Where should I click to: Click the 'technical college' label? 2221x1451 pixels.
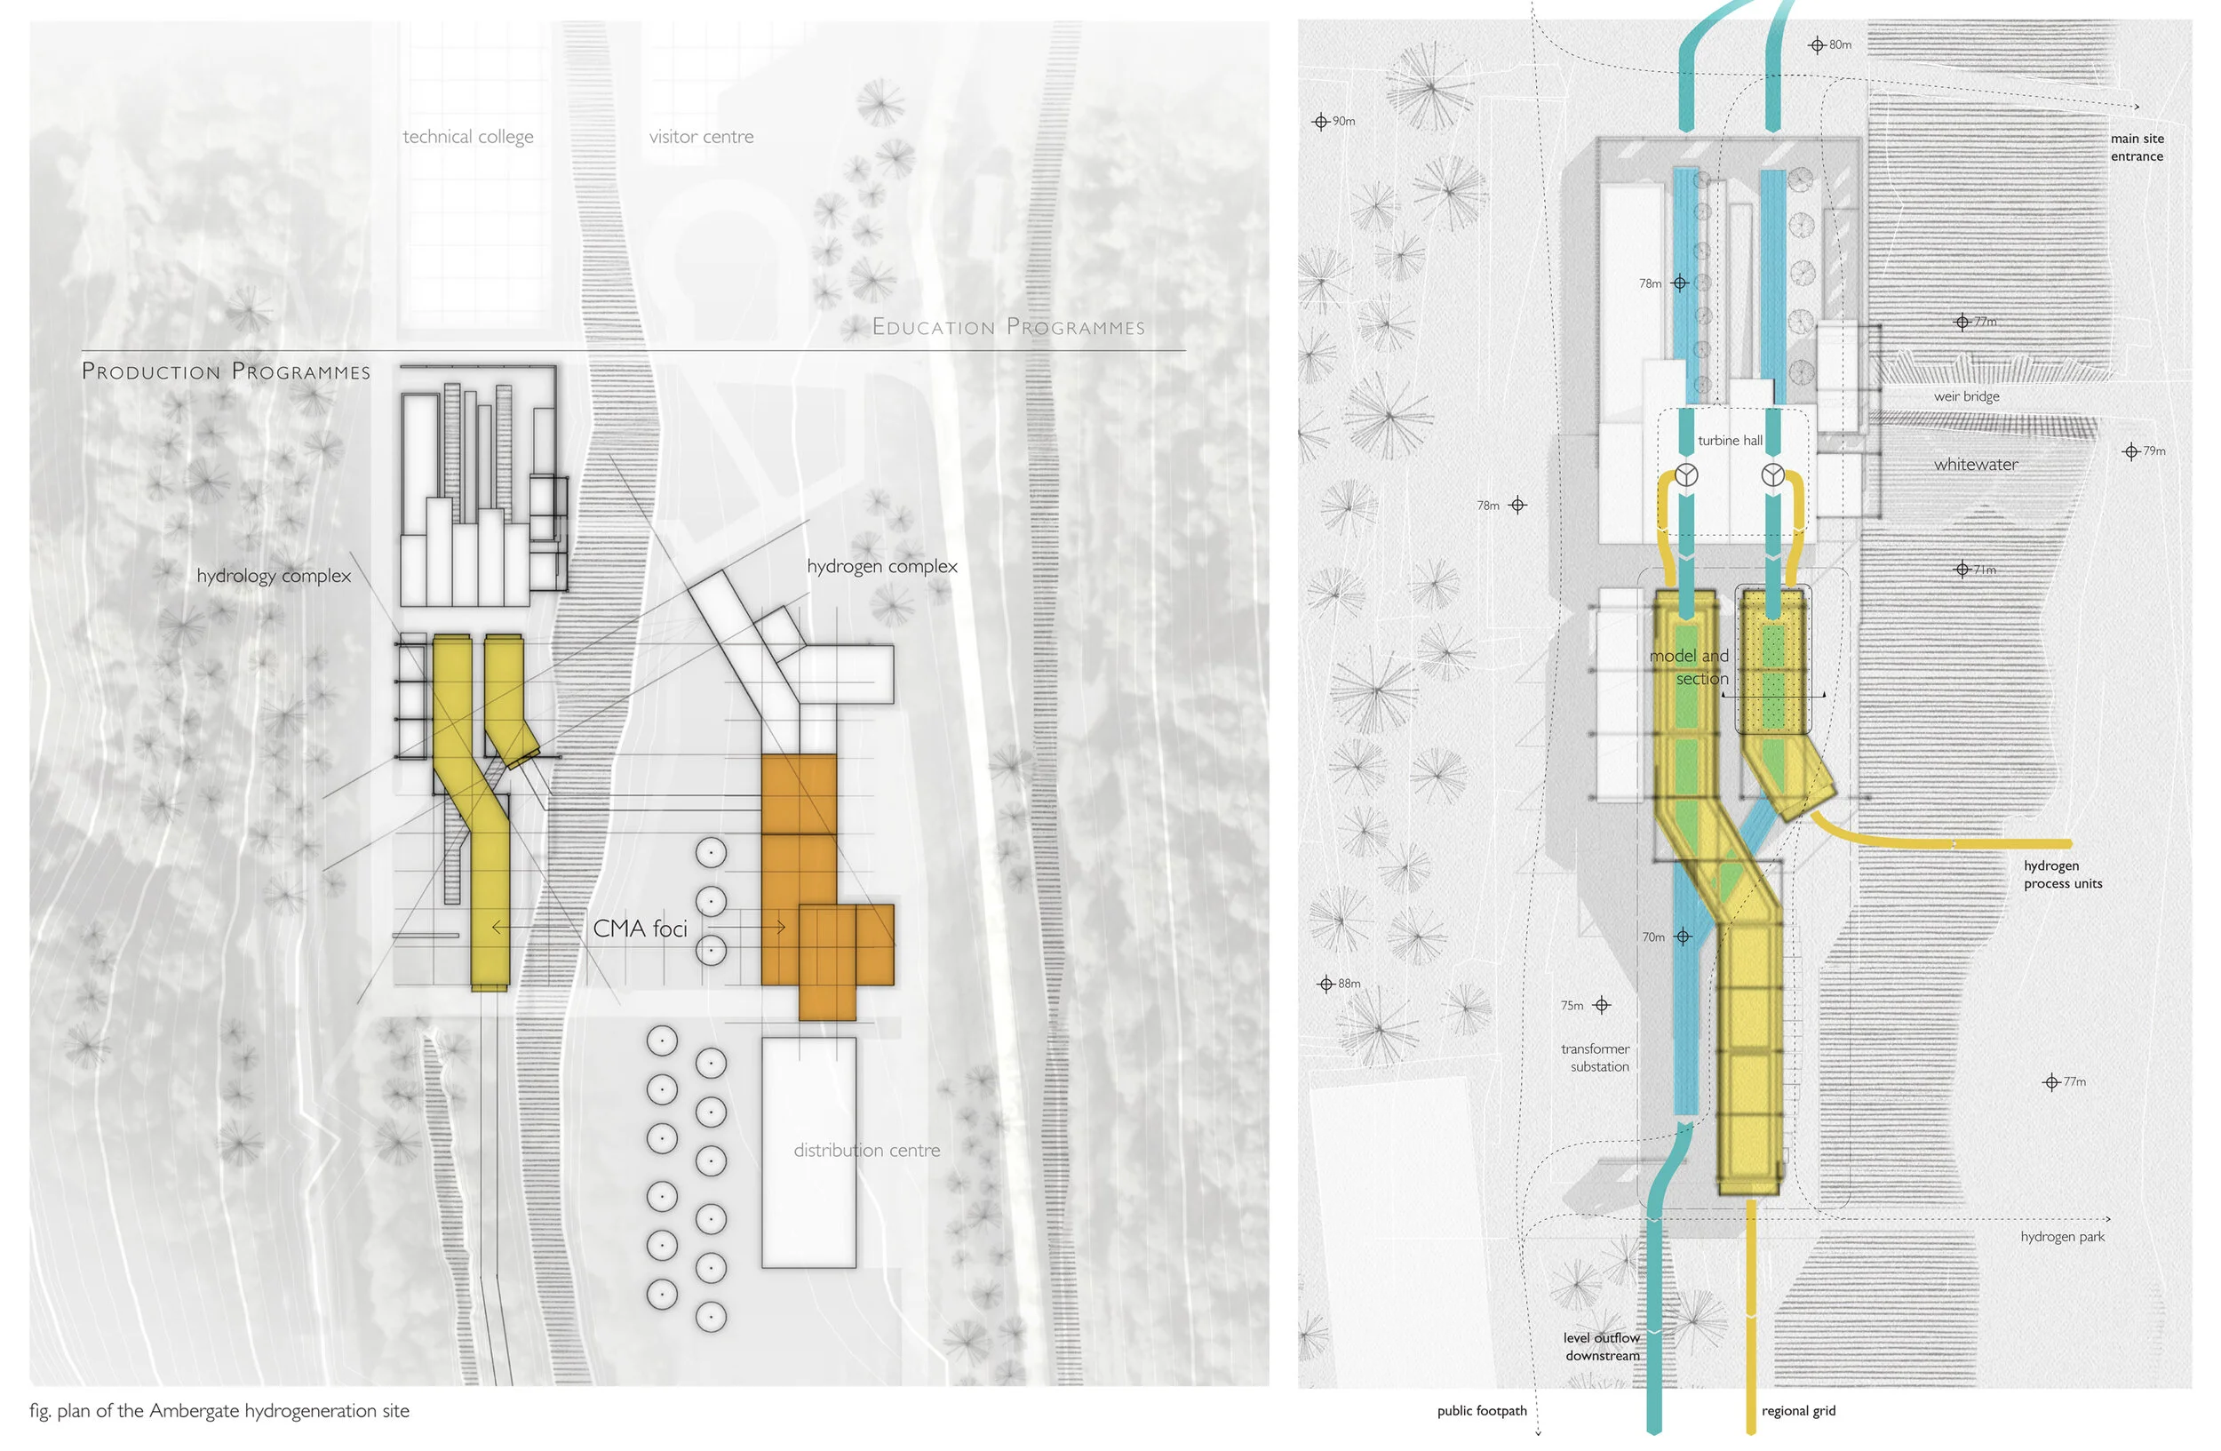[467, 137]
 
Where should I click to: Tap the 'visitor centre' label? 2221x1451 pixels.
[701, 137]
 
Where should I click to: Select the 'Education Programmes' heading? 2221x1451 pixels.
[1007, 328]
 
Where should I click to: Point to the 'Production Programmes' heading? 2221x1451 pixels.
[226, 371]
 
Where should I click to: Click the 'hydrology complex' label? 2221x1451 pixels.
[274, 576]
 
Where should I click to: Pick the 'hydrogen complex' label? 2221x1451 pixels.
[882, 566]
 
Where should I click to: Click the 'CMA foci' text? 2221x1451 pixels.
[641, 929]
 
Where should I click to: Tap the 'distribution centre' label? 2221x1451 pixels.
[866, 1151]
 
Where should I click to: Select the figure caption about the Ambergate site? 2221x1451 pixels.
[219, 1410]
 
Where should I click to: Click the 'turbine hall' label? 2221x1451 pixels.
[1729, 441]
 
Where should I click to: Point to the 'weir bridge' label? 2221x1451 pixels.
[1966, 396]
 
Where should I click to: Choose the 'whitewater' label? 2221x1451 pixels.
[1976, 465]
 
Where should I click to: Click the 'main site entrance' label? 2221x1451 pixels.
[2136, 147]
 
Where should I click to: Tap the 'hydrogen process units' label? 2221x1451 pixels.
[2062, 874]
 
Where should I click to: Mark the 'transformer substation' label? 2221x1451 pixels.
[1596, 1057]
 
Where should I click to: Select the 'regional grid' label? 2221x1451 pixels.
[1798, 1411]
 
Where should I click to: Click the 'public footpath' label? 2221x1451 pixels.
[1482, 1411]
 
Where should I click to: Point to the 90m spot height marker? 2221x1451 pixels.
[1320, 122]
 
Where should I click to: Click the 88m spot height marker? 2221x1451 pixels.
[1326, 984]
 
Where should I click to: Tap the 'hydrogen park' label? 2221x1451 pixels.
[2062, 1236]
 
